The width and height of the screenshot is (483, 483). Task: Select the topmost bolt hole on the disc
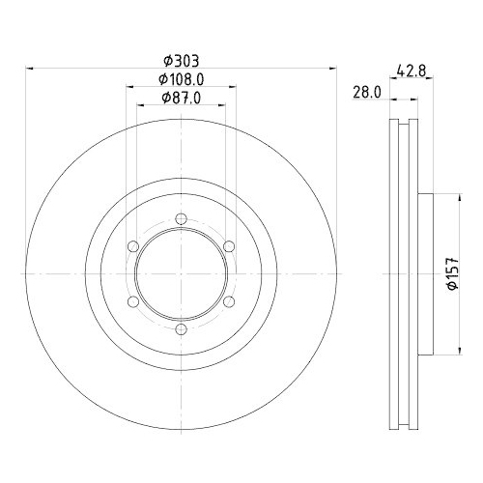tap(182, 217)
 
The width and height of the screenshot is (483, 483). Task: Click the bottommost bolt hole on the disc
tap(182, 330)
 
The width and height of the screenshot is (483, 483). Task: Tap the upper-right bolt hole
tap(229, 245)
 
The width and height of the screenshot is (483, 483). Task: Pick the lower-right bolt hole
tap(229, 301)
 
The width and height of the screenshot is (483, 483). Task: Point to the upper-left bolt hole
tap(133, 245)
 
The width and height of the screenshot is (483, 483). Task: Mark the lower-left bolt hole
tap(133, 301)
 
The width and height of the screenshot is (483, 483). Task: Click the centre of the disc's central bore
tap(182, 273)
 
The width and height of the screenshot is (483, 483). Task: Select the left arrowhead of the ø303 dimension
tap(29, 69)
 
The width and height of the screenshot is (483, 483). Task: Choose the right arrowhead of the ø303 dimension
tap(332, 69)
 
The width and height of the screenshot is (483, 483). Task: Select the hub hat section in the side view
tap(422, 273)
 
